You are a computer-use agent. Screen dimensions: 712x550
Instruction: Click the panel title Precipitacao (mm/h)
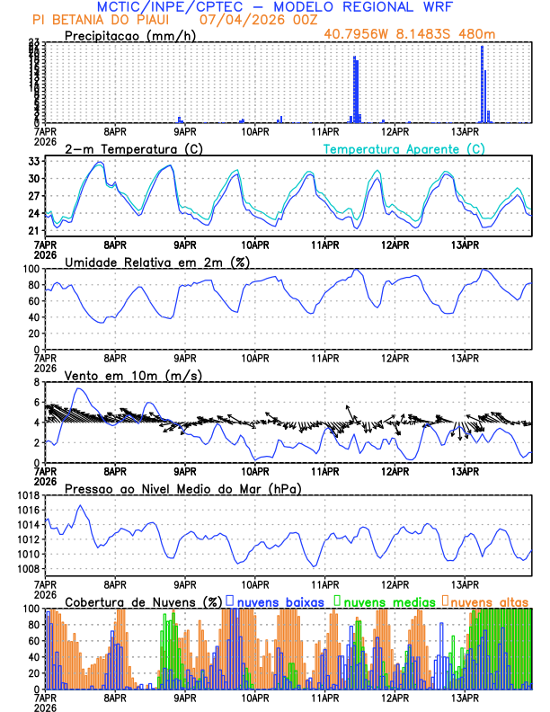tap(129, 35)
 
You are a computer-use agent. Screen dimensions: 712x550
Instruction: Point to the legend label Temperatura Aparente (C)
tap(404, 148)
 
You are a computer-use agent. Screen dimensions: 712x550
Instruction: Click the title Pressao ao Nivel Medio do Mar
tap(182, 488)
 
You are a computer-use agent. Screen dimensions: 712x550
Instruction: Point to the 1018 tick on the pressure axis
tap(29, 495)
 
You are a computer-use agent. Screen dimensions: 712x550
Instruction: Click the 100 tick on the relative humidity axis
tap(31, 269)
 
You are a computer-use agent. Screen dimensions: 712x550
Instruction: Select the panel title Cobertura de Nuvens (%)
tap(144, 601)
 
